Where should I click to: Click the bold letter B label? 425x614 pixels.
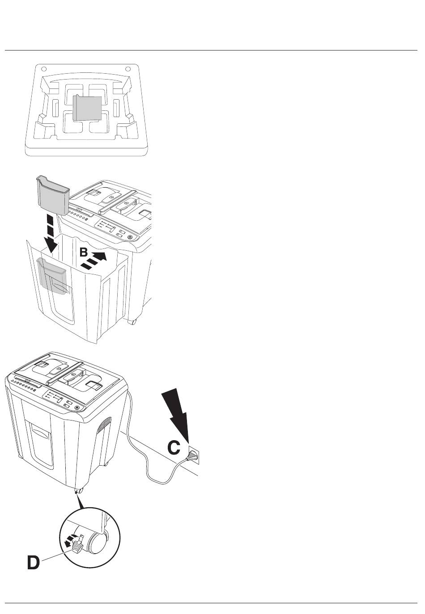coord(84,252)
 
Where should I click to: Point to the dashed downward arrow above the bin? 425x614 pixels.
coord(51,234)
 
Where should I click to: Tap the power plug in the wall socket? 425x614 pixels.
coord(192,456)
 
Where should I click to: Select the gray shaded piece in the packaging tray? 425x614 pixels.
coord(88,108)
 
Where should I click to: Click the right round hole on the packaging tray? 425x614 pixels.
coord(127,68)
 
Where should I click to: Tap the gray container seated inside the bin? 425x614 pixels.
coord(53,276)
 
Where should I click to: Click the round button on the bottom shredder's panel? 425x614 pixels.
coord(77,408)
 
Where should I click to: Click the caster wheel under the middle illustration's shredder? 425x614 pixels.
coord(132,322)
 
